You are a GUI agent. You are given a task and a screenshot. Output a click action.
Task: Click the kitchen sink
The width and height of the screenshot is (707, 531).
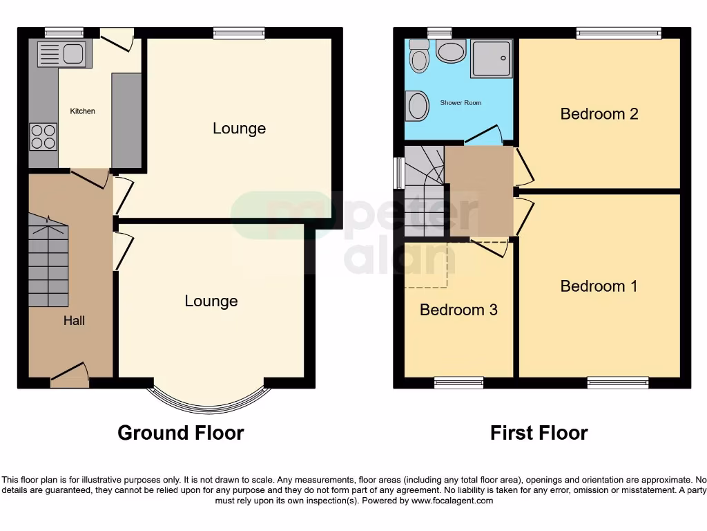(x=61, y=54)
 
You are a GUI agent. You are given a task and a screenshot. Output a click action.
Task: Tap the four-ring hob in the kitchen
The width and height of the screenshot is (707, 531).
(x=43, y=136)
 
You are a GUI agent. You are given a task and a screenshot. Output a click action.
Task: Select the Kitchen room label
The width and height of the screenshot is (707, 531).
(x=82, y=111)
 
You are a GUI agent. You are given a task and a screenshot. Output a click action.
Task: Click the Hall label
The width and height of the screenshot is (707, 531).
(x=74, y=321)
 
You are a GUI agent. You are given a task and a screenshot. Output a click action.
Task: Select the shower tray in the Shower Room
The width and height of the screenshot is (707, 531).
(x=492, y=58)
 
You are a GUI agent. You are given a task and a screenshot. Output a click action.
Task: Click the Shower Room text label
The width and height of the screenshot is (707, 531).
(x=461, y=103)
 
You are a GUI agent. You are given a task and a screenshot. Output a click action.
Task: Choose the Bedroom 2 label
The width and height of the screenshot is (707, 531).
(x=599, y=114)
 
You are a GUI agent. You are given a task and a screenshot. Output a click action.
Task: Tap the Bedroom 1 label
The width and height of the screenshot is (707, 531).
(x=599, y=286)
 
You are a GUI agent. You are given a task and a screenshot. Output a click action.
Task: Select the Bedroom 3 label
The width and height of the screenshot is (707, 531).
(x=458, y=310)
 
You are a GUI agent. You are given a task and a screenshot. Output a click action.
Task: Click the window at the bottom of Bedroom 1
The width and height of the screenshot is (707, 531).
(x=618, y=382)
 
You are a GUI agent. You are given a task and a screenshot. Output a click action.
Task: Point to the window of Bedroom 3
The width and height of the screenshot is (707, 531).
(x=458, y=382)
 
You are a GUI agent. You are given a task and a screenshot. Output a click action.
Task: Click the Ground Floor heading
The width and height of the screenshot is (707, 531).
(x=180, y=434)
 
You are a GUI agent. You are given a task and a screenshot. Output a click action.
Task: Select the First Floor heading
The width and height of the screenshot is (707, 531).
(x=539, y=434)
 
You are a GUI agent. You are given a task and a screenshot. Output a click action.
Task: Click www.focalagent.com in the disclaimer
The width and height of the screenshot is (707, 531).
(x=453, y=501)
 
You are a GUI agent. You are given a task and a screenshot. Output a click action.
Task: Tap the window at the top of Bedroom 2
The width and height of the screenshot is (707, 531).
(x=619, y=32)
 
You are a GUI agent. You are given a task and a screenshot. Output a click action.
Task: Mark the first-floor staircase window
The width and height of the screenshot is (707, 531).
(x=398, y=172)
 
